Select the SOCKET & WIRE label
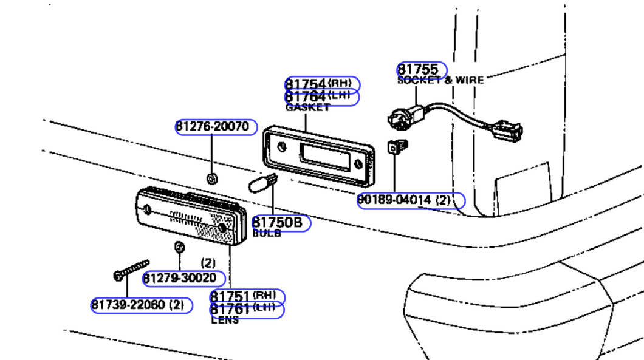coord(440,80)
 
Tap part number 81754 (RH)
coord(323,84)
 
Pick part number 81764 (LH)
coord(323,97)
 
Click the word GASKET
coord(307,107)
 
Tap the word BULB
coord(267,233)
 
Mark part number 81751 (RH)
coord(247,297)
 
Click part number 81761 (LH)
coord(247,310)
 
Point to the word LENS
coord(225,320)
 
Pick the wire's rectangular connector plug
coord(508,129)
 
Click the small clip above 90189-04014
coord(397,147)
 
